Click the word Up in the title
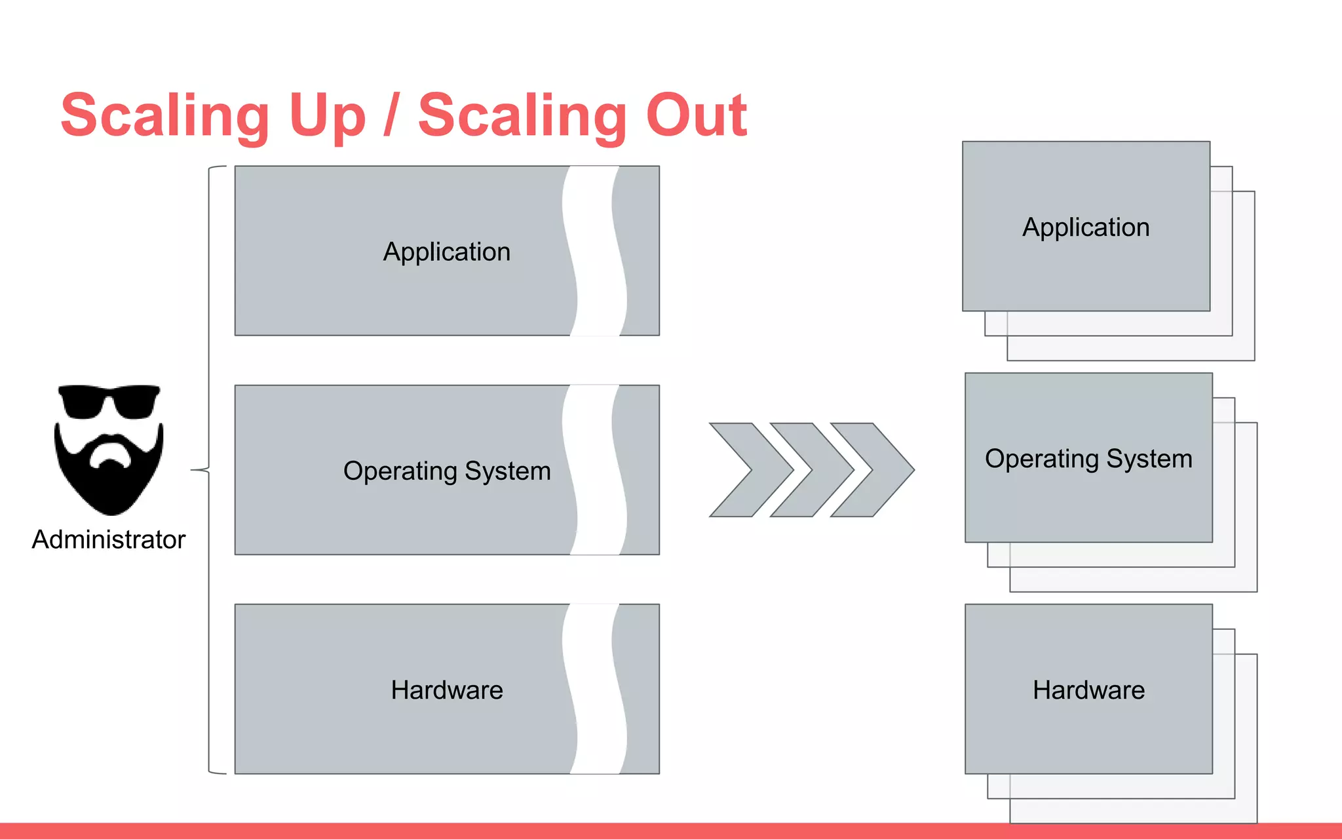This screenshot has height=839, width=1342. coord(326,117)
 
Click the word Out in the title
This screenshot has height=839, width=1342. coord(696,115)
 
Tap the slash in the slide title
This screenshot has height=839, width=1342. coord(391,115)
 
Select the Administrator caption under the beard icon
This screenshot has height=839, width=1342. coord(109,539)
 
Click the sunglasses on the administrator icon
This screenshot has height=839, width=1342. coord(109,401)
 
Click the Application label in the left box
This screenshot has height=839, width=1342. coord(446,252)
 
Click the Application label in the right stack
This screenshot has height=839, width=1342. coord(1086,227)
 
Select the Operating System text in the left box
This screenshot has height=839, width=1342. coord(447,471)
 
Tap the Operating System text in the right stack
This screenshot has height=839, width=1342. coord(1088,458)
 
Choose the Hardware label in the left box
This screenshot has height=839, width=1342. coord(447,690)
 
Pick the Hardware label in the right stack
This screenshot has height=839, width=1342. coord(1088,690)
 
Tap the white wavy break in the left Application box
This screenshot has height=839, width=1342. coord(594,251)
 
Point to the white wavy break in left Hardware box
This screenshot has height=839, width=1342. coord(594,689)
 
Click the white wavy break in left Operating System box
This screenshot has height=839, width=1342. coord(594,470)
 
